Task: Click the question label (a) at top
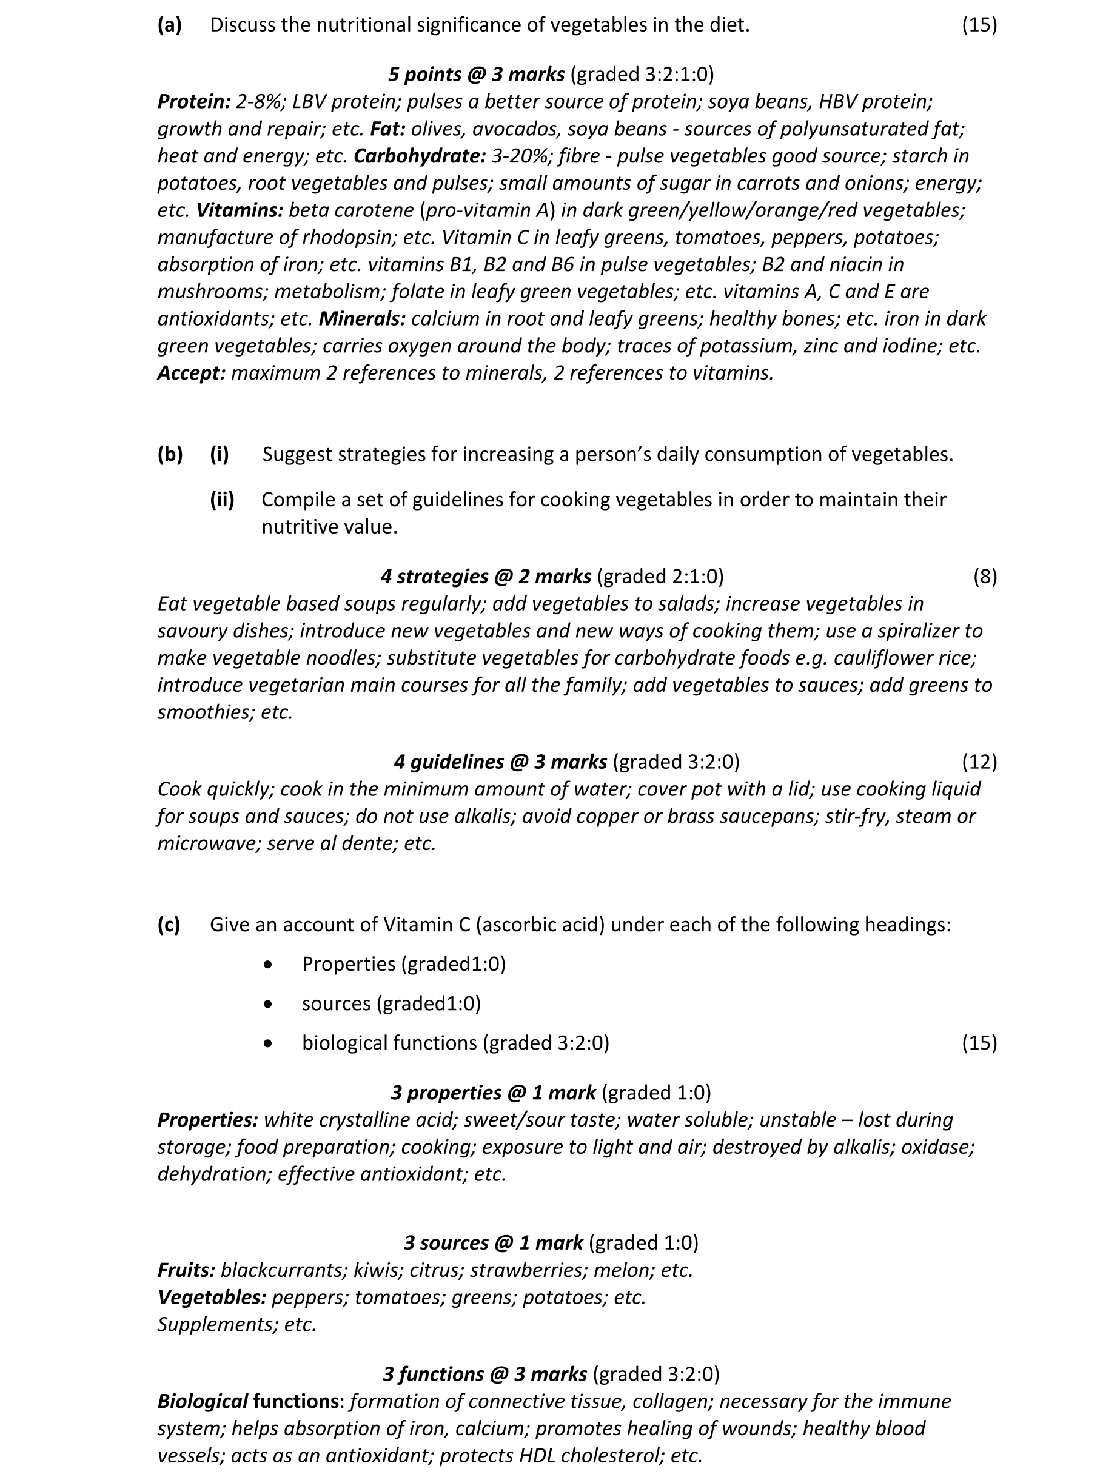point(170,25)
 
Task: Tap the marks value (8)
point(984,576)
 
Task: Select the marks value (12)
point(979,762)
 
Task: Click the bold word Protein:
point(193,101)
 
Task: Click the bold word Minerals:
point(362,318)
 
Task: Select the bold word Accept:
point(192,373)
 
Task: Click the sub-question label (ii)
point(222,500)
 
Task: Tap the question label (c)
point(169,925)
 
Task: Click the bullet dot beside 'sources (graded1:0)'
point(268,1003)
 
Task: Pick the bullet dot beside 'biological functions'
point(268,1043)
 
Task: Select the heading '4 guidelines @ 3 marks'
point(500,762)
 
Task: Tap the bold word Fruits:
point(186,1270)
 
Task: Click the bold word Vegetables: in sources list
point(212,1297)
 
